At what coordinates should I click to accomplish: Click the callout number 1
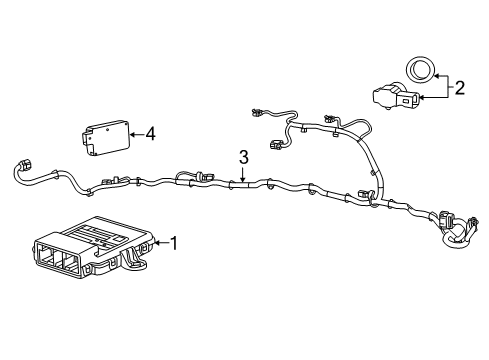click(174, 243)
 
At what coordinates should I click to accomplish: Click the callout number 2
click(460, 88)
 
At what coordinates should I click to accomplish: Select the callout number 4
click(150, 132)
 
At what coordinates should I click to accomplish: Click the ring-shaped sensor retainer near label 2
click(418, 69)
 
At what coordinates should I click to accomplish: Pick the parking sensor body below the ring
click(394, 98)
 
